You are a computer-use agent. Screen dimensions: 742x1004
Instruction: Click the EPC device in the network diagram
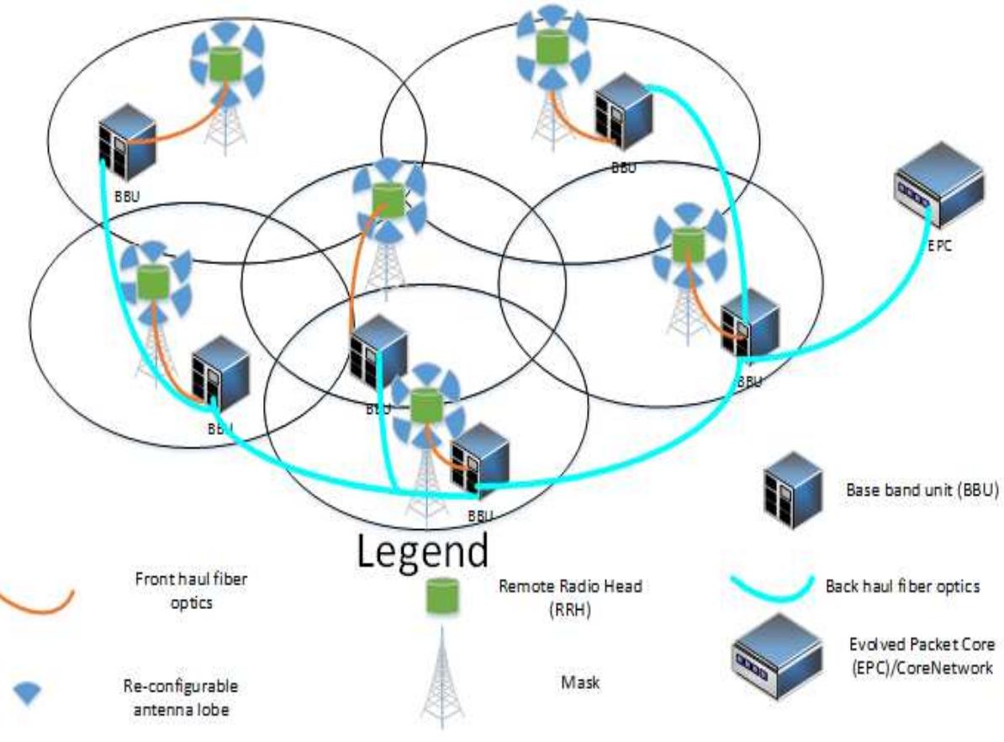pyautogui.click(x=938, y=190)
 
